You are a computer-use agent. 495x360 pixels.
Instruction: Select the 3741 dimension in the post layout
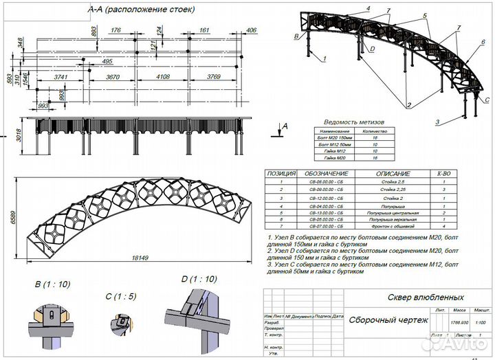tap(61, 78)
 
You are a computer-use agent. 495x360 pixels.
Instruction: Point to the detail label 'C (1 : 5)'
tap(118, 297)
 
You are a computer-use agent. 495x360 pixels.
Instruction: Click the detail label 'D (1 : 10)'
tap(198, 279)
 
